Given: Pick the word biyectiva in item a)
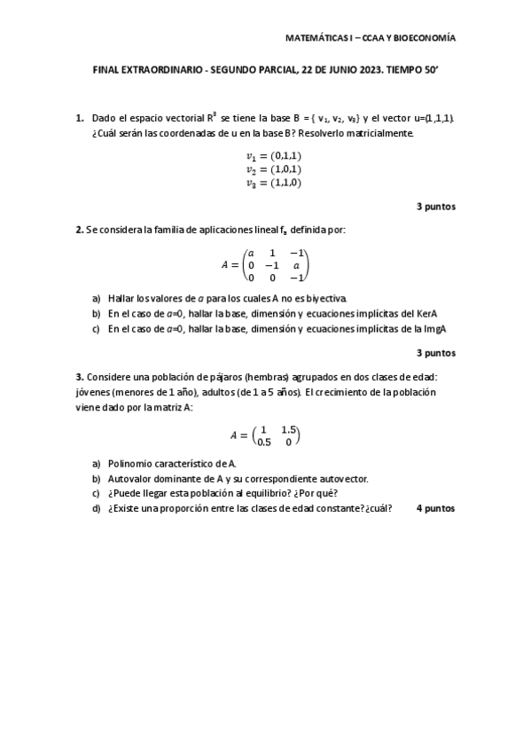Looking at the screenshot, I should pyautogui.click(x=326, y=298).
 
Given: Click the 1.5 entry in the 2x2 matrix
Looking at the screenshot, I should pyautogui.click(x=288, y=430).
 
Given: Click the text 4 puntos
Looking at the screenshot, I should pyautogui.click(x=435, y=508).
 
